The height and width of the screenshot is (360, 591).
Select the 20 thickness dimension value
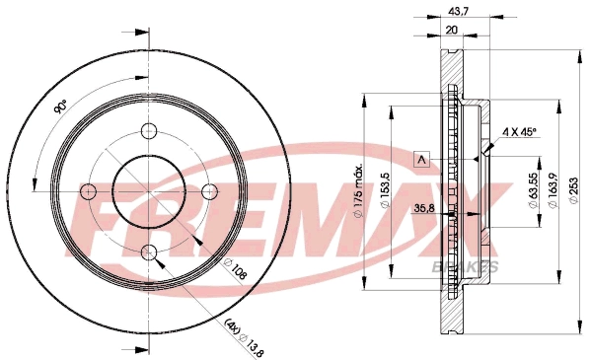pos(451,30)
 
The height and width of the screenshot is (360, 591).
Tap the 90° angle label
pos(60,107)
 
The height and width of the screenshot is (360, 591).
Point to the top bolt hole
pos(149,131)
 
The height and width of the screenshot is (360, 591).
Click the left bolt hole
pos(89,191)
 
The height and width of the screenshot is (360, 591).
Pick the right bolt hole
pos(210,191)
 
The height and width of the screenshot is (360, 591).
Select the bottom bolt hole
pos(149,252)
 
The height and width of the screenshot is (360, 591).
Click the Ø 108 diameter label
pos(235,269)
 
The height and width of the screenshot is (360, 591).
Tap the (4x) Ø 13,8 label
pos(245,337)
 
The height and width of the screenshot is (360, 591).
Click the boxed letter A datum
pos(422,160)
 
